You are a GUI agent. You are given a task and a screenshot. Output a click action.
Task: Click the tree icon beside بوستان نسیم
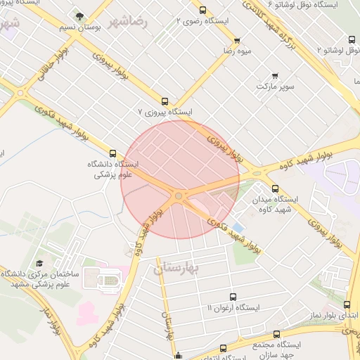79,15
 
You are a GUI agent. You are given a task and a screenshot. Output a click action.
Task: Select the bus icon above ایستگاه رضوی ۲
203,10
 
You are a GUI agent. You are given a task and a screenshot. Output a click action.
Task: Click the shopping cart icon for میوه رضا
237,41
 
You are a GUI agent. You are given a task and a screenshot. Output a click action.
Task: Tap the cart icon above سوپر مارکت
274,75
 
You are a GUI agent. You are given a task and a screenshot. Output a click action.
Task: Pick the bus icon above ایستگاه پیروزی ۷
165,101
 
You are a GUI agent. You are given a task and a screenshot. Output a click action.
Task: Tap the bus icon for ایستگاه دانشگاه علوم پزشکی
112,153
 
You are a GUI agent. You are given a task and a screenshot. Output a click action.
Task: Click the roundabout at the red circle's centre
180,195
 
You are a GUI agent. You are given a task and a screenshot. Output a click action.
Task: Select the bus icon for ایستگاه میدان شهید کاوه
274,188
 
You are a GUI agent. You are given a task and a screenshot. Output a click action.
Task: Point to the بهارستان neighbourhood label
176,268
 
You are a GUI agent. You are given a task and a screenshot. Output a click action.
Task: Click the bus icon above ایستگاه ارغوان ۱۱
233,297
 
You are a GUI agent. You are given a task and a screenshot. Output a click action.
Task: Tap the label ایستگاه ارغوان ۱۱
233,308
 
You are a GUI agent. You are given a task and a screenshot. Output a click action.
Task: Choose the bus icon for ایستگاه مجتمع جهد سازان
276,335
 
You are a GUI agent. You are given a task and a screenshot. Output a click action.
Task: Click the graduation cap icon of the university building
39,263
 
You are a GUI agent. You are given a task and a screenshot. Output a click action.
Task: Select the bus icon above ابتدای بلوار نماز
347,304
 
